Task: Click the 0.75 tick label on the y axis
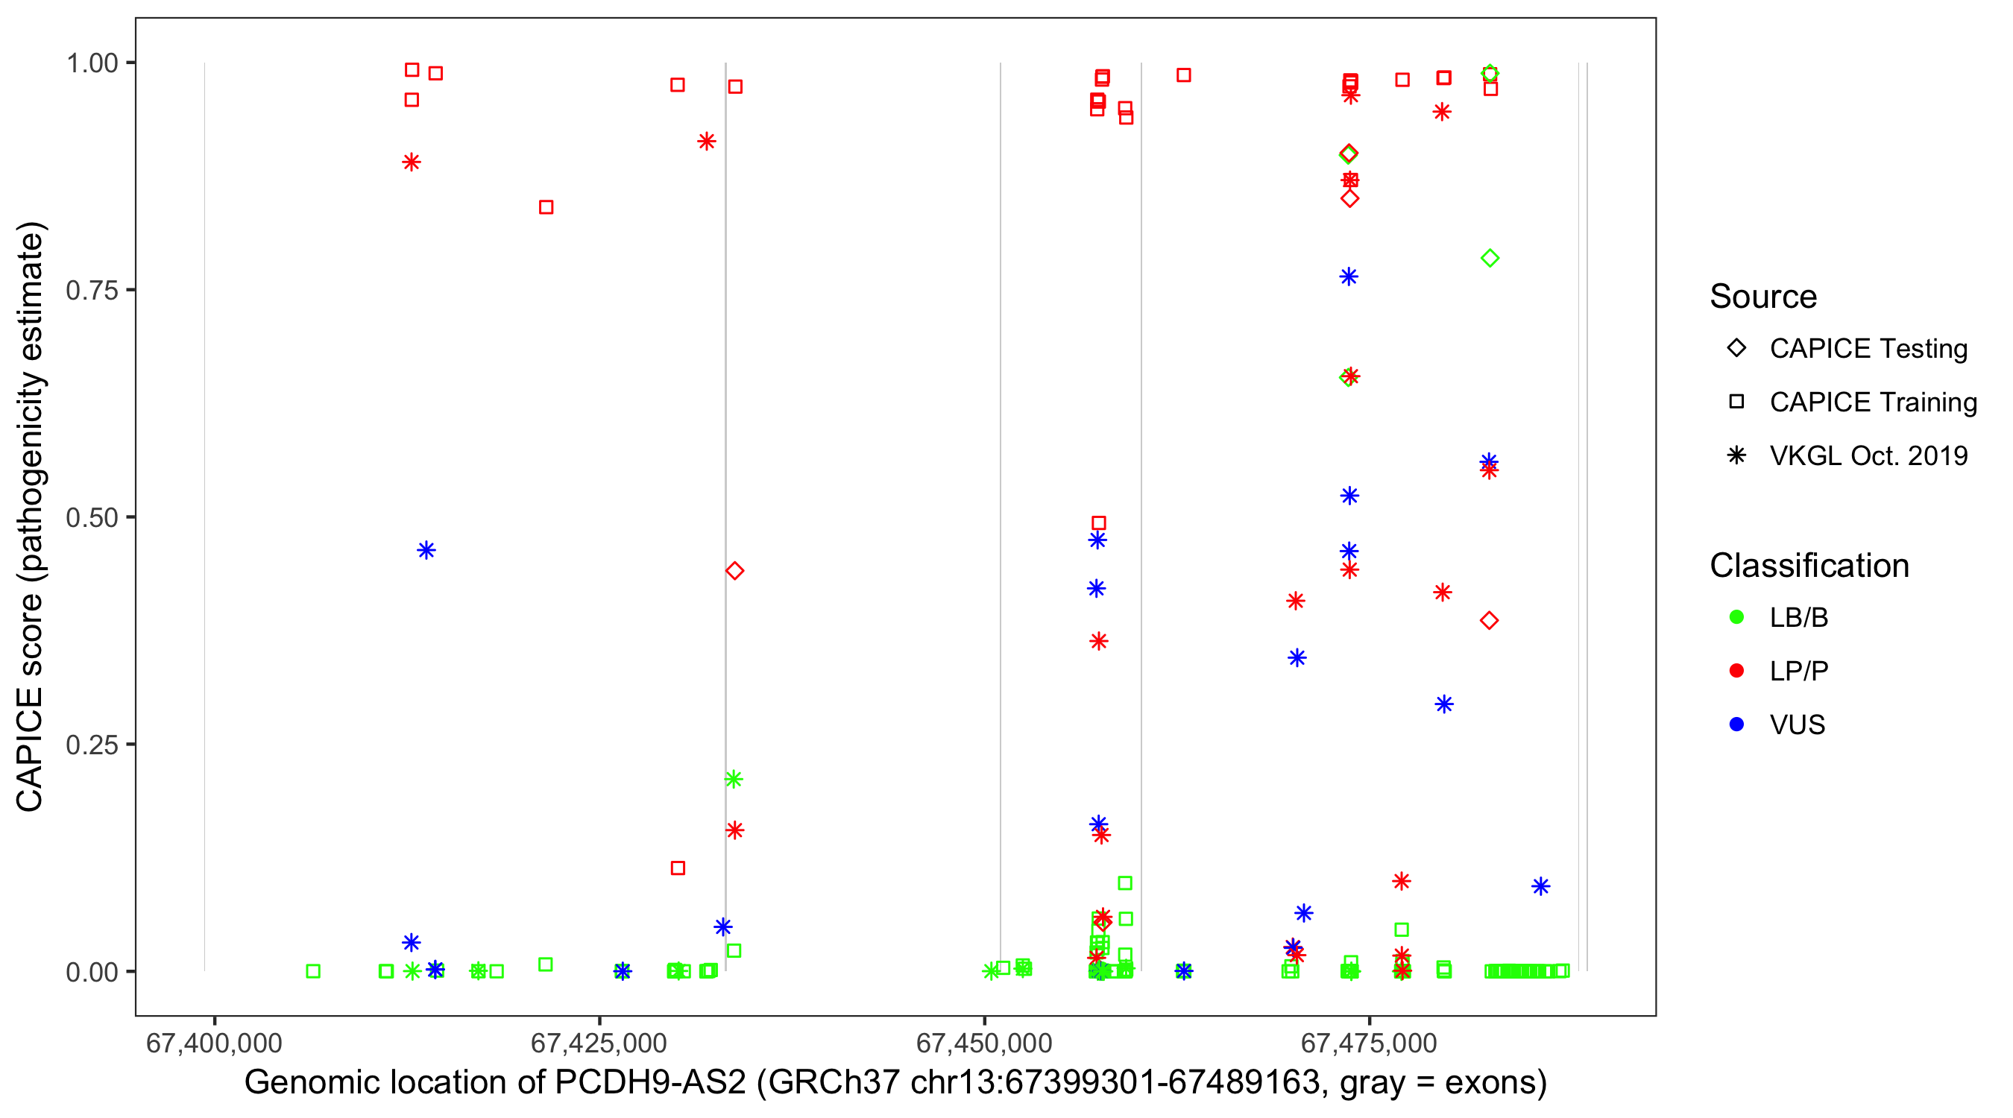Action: click(x=91, y=290)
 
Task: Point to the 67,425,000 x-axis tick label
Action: click(x=599, y=1043)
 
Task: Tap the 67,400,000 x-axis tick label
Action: click(x=214, y=1043)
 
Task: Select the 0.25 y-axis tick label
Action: click(x=91, y=745)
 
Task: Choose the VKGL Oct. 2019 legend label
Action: click(x=1868, y=455)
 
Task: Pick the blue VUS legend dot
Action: click(x=1736, y=724)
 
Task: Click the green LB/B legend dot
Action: click(x=1736, y=617)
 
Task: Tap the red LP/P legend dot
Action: click(x=1736, y=671)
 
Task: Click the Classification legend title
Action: click(x=1809, y=566)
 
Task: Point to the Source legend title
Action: click(x=1763, y=297)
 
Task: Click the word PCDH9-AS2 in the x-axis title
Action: click(x=650, y=1083)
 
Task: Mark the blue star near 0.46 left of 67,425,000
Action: click(x=426, y=550)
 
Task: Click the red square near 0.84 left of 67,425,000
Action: click(x=546, y=207)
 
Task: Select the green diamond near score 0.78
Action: click(x=1490, y=258)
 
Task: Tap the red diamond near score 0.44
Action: click(x=734, y=571)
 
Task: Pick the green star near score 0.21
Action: click(x=733, y=779)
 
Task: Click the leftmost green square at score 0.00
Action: click(x=313, y=971)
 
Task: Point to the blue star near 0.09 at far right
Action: click(x=1540, y=886)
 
